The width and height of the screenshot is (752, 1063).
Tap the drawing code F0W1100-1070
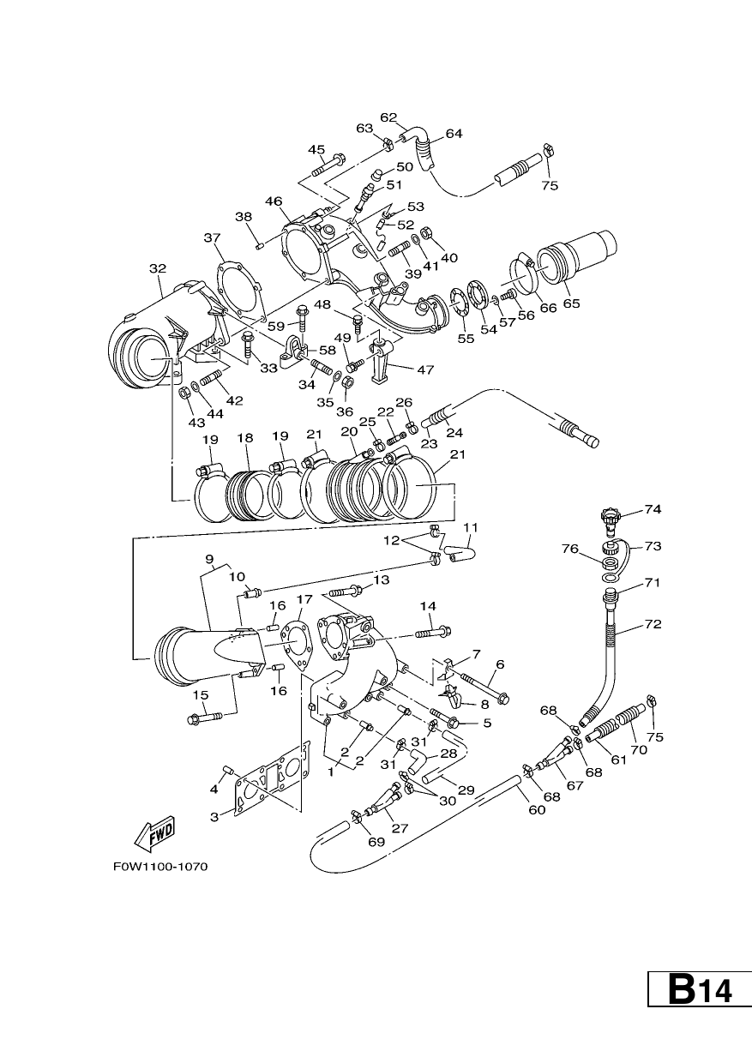coord(160,867)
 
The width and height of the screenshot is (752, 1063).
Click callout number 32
coord(158,268)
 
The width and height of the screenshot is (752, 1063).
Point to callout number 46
coord(274,201)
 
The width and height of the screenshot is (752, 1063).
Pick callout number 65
coord(572,303)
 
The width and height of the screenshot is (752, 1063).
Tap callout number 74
coord(653,509)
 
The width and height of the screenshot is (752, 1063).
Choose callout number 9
coord(210,559)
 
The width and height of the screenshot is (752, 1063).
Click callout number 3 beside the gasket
coord(214,817)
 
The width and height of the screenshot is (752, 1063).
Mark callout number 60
coord(537,809)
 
